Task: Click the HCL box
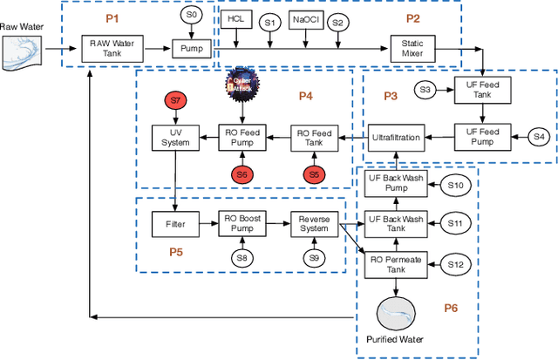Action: (235, 19)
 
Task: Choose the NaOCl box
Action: (304, 19)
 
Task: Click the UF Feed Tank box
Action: (479, 90)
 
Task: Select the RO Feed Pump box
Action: (243, 137)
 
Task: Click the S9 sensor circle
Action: (313, 258)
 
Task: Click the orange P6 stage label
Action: (450, 308)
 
